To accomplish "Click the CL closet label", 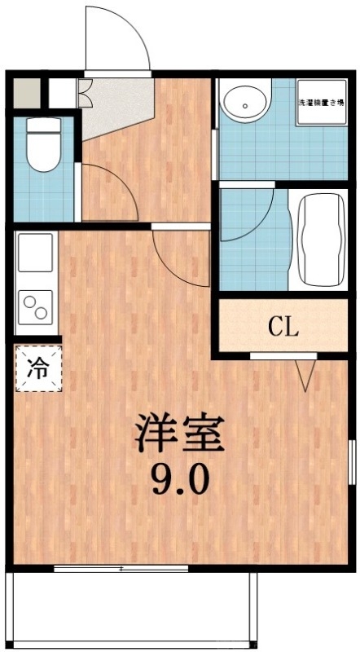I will (x=283, y=328).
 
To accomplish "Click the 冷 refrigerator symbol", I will (x=37, y=368).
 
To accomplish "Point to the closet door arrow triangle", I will (x=306, y=374).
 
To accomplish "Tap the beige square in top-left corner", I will (x=24, y=92).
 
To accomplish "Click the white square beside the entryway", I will (x=60, y=92).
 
